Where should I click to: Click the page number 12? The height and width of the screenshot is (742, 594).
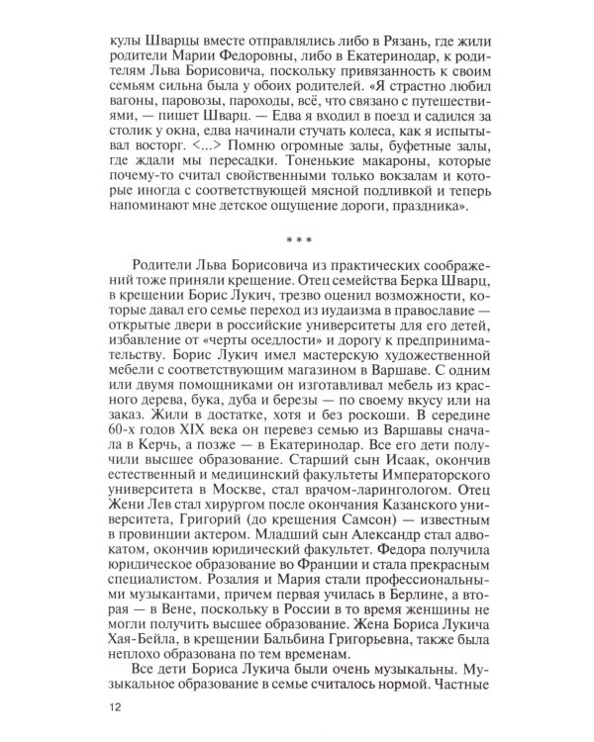pos(118,708)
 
